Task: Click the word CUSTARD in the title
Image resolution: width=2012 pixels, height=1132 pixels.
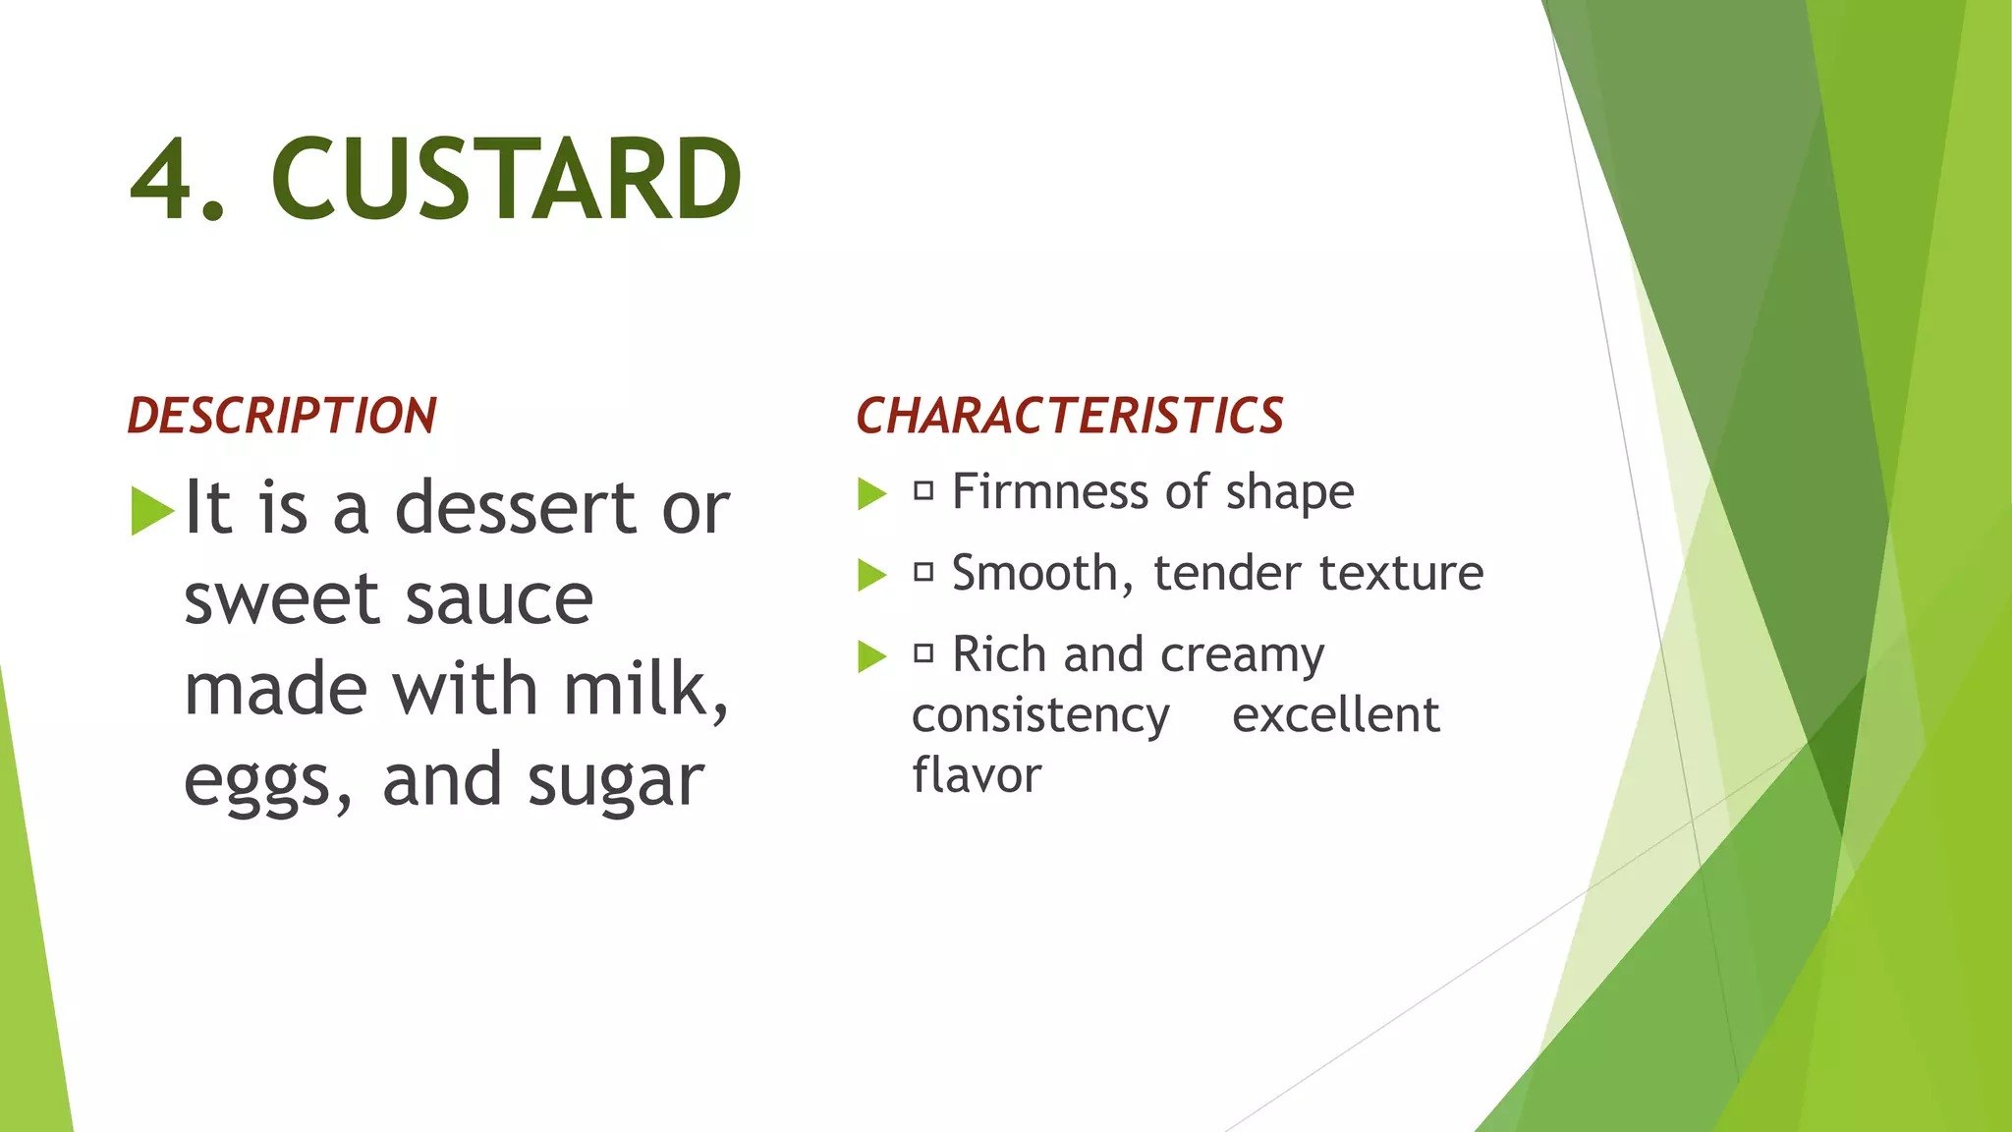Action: (x=506, y=180)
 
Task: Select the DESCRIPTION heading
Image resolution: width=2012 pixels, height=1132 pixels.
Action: (x=282, y=416)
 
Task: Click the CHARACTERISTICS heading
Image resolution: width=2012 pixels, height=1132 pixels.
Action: (x=1070, y=416)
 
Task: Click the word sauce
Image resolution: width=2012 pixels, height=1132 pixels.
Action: (x=499, y=599)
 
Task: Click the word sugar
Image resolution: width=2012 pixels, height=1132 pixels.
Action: (x=615, y=781)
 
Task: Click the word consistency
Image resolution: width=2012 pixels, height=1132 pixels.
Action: (x=1040, y=715)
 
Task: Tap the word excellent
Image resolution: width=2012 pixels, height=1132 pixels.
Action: (x=1336, y=714)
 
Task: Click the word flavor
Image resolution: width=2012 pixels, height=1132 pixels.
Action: (x=977, y=774)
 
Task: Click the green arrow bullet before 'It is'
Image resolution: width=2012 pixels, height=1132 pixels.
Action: (x=151, y=511)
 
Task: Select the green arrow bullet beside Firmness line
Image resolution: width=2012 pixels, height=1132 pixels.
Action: (x=871, y=493)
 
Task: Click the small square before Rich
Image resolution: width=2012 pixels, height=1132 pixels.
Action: (x=923, y=653)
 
